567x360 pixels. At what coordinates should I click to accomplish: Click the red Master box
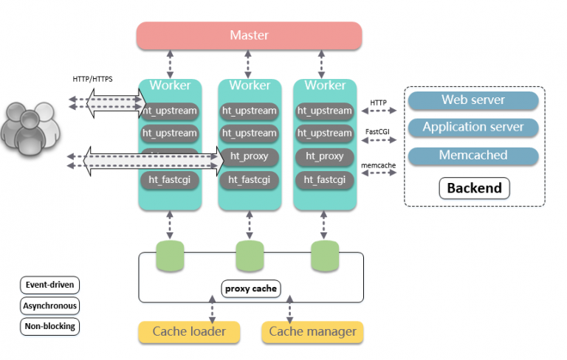[249, 35]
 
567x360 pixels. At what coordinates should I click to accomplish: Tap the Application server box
[472, 128]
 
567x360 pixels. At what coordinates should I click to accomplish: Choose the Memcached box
[472, 156]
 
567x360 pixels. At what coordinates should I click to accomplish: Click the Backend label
[474, 188]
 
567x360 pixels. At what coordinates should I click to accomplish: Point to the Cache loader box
[189, 332]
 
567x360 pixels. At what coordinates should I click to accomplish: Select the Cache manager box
[312, 332]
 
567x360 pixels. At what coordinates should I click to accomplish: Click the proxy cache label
[250, 288]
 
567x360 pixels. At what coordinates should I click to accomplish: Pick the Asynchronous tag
[49, 305]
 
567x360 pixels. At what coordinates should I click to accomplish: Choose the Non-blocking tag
[49, 325]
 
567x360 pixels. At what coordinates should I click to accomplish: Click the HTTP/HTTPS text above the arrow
[92, 78]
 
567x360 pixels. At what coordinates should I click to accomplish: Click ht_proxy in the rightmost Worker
[325, 156]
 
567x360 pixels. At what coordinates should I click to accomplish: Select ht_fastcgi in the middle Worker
[250, 179]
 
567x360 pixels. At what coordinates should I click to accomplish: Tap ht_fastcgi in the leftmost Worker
[170, 179]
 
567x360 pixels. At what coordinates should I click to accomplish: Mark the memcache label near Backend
[378, 167]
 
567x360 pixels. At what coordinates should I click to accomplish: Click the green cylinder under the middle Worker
[250, 256]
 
